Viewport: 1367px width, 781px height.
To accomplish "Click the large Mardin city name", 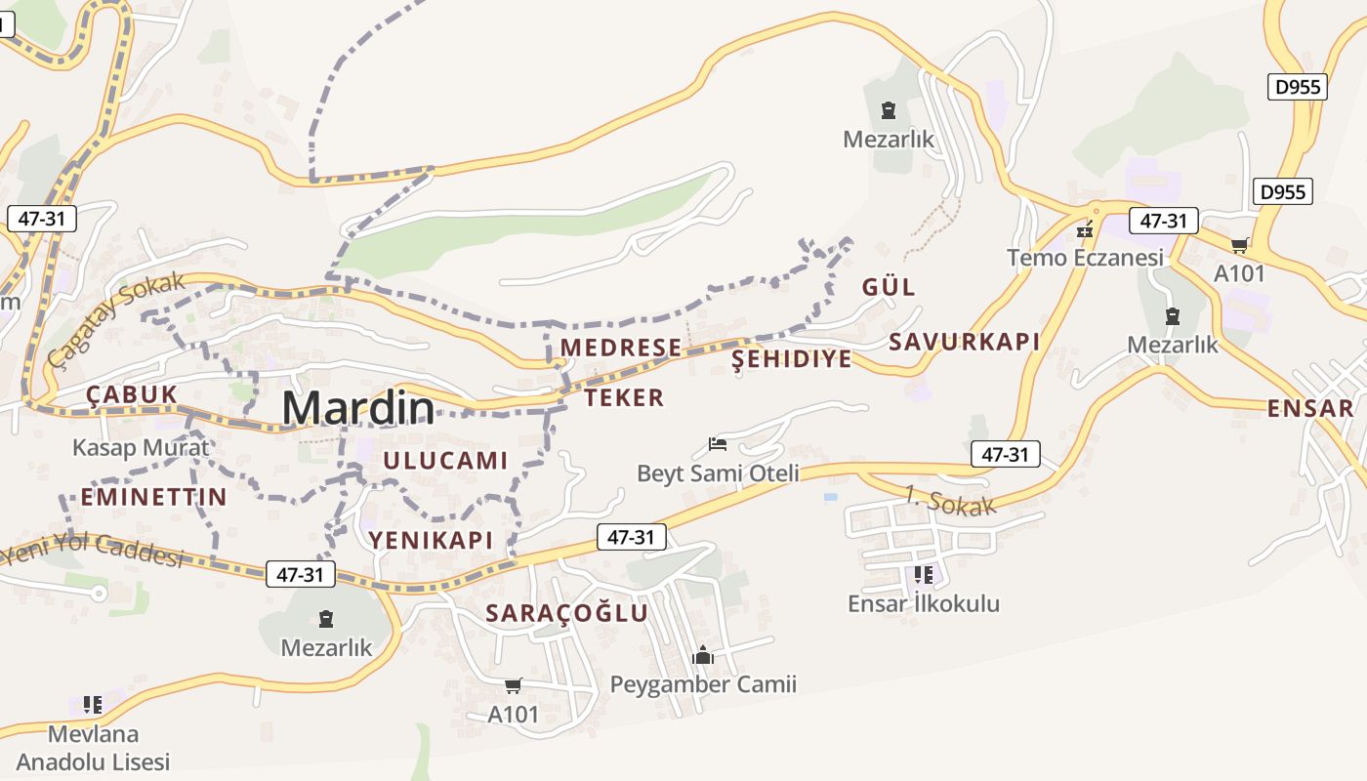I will tap(358, 408).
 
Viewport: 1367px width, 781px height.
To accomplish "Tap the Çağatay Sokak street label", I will tap(115, 319).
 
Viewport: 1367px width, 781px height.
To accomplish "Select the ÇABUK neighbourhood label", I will tap(132, 394).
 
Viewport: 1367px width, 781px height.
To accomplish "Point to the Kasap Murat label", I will tap(141, 448).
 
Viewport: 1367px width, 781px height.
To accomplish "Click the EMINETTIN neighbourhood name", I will tap(153, 497).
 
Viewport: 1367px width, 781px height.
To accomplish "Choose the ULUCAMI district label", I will tap(445, 461).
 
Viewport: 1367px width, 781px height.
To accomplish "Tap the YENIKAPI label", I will tap(431, 540).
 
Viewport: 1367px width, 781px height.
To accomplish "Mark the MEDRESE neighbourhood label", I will tap(621, 348).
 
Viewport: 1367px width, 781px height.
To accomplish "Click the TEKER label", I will tap(625, 397).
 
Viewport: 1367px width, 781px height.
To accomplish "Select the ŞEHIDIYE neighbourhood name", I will tap(792, 359).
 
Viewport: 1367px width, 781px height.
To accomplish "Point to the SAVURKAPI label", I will tap(964, 342).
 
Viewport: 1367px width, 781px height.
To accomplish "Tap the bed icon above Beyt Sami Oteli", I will tap(718, 445).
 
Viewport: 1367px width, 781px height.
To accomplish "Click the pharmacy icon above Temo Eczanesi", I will tap(1084, 231).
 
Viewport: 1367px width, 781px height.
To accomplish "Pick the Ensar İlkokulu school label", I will tap(924, 603).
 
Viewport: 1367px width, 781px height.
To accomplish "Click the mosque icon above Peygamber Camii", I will tap(703, 656).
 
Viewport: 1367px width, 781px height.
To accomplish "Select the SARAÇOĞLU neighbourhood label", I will tap(567, 613).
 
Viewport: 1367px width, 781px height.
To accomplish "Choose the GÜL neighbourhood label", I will tap(889, 287).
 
